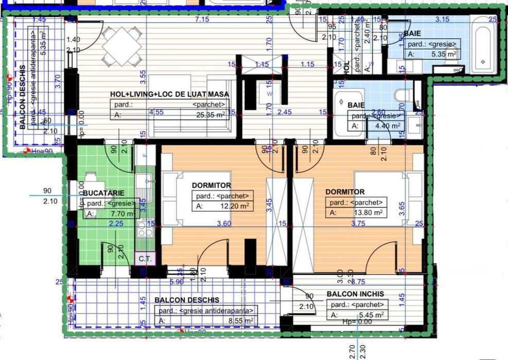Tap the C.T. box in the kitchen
[143, 259]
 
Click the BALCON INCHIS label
[355, 294]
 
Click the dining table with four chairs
[121, 46]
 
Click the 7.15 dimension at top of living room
[202, 20]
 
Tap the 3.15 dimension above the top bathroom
[442, 20]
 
